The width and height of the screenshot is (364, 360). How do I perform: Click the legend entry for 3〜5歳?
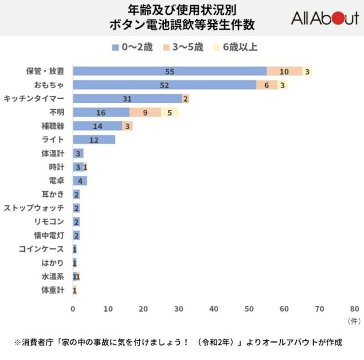[184, 47]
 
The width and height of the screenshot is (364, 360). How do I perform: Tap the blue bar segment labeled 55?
[170, 71]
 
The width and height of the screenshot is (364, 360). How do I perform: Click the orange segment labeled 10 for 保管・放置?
[284, 71]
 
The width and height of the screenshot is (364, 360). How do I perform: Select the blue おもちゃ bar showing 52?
[164, 85]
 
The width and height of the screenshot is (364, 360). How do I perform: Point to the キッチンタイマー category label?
[34, 98]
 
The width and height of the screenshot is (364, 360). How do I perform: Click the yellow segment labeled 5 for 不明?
[170, 112]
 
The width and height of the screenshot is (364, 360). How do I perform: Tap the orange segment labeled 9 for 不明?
[145, 112]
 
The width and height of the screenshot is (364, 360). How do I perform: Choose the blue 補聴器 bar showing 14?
[97, 126]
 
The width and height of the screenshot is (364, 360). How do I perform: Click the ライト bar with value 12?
[94, 140]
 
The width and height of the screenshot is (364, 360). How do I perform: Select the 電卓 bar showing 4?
[80, 181]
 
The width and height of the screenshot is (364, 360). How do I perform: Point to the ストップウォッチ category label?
[34, 208]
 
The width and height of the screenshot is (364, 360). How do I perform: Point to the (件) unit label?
[354, 321]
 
